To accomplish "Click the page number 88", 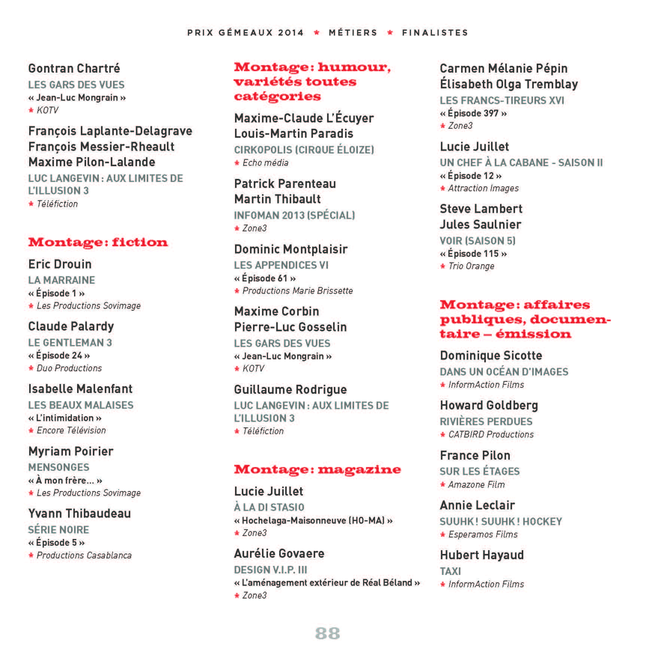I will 327,633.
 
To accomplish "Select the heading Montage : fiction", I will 98,242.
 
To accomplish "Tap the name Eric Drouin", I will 60,264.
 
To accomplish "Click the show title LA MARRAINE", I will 62,280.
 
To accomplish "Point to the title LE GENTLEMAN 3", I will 70,343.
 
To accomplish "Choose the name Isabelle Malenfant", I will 80,389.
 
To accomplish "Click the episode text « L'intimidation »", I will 65,418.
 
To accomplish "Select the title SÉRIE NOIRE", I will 59,530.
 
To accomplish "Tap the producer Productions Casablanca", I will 84,555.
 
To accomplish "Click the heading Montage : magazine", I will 317,469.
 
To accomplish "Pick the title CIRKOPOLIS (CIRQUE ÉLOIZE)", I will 304,150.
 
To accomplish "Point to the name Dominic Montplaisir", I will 291,249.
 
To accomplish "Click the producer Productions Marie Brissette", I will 297,291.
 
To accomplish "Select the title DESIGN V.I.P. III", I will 271,570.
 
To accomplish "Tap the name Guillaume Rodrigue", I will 290,390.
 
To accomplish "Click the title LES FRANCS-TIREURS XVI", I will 502,101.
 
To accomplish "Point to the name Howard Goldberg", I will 489,405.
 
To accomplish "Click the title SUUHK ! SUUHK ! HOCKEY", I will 501,522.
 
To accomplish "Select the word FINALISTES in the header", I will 435,33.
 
